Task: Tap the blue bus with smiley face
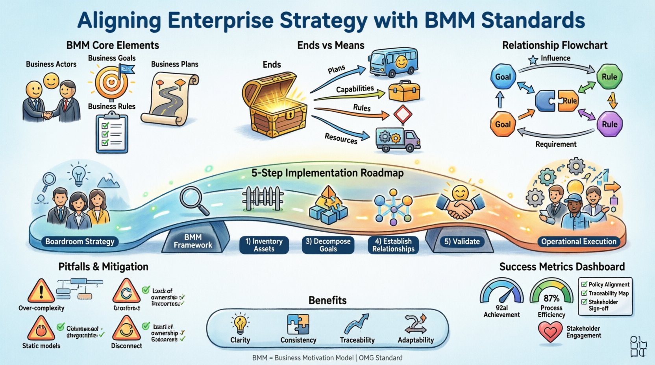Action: [x=393, y=63]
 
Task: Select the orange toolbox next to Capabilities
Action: [x=404, y=91]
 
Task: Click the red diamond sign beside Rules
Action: [x=402, y=115]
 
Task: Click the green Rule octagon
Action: [x=609, y=77]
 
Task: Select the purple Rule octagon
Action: [x=609, y=124]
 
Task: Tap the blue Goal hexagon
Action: [x=503, y=77]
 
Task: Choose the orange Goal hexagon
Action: [x=503, y=124]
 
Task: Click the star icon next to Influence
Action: [x=533, y=60]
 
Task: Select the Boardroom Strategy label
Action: [x=80, y=241]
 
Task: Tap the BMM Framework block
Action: [x=193, y=241]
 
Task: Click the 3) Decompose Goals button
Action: [x=328, y=245]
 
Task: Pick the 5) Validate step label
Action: [x=462, y=241]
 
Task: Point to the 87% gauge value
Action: [x=551, y=299]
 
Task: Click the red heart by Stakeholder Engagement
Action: [x=550, y=332]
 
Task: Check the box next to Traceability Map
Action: [x=584, y=293]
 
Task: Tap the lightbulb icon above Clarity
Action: [x=240, y=324]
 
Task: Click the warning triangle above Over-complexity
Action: [x=41, y=291]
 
